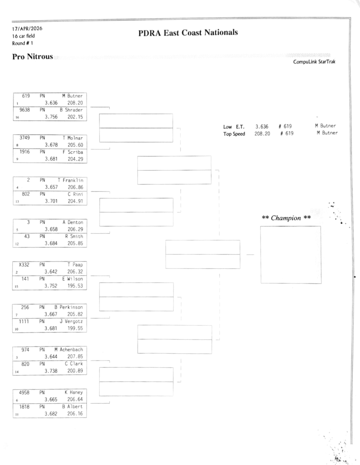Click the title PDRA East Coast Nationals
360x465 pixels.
[187, 33]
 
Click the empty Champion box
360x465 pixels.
[291, 255]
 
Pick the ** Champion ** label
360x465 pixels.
[286, 218]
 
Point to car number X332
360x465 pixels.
[24, 264]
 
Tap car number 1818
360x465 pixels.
[24, 407]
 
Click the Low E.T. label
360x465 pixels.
[234, 126]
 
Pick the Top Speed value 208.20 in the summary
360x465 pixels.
[262, 133]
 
